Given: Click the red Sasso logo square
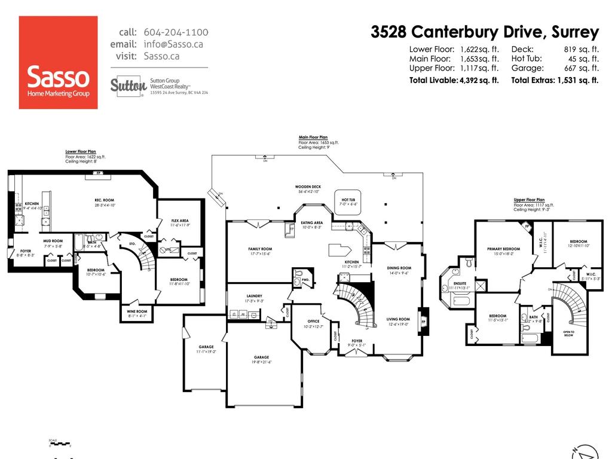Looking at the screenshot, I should coord(58,62).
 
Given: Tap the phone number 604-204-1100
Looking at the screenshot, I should coord(176,32).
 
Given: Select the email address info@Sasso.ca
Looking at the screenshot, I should coord(173,44).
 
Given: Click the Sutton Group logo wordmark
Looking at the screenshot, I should coord(128,86).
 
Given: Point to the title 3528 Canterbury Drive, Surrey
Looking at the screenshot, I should coord(485,32).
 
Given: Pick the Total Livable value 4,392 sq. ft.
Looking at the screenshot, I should coord(478,80).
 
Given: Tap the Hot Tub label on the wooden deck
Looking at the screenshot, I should coord(349,200).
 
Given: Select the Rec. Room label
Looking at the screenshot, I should coord(104,200).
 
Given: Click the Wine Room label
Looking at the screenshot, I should coord(137,311).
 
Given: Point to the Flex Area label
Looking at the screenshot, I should coord(180,221).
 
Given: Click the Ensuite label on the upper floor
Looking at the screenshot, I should coord(460,283).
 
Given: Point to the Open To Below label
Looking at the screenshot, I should coord(568,333).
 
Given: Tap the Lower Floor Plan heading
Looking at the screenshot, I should coord(81,152).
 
